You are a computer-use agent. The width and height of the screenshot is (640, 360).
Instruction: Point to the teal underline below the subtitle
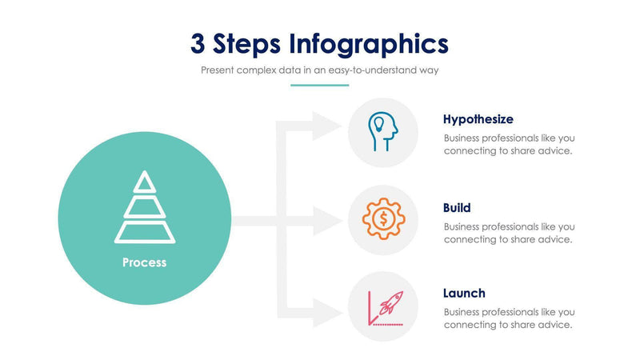tap(320, 84)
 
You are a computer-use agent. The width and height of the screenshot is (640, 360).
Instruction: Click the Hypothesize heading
tap(478, 119)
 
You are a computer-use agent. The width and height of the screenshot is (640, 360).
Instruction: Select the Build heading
tap(457, 207)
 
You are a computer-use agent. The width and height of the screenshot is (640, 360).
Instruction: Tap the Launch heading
tap(464, 293)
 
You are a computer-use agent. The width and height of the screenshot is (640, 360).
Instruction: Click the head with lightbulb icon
tap(383, 132)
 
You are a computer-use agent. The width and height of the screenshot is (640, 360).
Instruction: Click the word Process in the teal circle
tap(144, 262)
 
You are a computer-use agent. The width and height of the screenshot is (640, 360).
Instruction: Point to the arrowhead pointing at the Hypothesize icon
tap(328, 125)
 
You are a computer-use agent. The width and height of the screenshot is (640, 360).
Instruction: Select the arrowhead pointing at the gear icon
tap(328, 220)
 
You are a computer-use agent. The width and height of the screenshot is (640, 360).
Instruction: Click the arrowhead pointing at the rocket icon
tap(328, 313)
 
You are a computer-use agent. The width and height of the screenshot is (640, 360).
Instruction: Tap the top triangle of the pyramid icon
tap(144, 182)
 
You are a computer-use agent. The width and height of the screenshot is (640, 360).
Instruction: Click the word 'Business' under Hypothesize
tap(465, 138)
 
